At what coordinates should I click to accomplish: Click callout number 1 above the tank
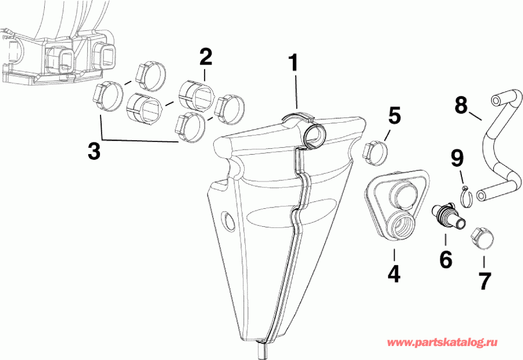point(294,63)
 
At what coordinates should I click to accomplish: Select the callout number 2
point(205,58)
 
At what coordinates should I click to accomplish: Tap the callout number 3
point(94,151)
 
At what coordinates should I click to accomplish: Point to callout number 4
point(393,273)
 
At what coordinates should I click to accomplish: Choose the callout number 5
point(395,116)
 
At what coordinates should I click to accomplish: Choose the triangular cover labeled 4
point(395,204)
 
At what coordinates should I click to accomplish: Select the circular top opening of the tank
point(315,133)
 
